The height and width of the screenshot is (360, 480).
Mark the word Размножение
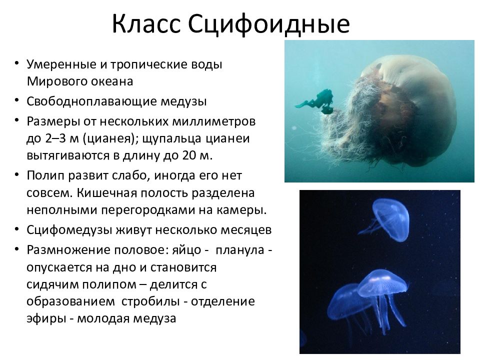(62, 249)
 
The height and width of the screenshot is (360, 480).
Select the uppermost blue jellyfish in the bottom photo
(389, 219)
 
